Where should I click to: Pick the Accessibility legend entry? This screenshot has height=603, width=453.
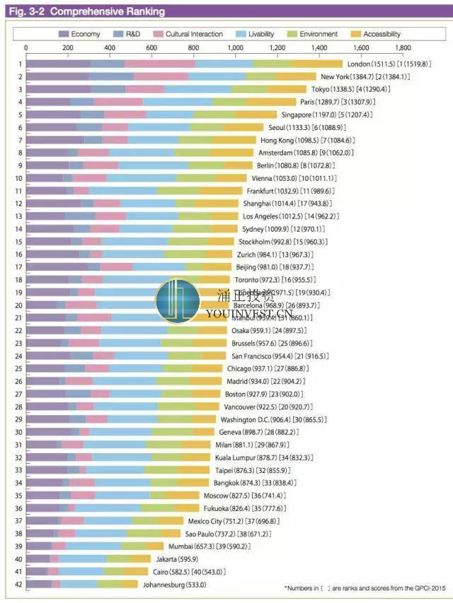pyautogui.click(x=382, y=34)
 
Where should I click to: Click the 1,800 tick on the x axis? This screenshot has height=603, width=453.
pyautogui.click(x=403, y=48)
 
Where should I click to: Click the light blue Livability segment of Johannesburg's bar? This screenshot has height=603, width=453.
pyautogui.click(x=79, y=584)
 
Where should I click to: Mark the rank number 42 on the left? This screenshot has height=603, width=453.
pyautogui.click(x=19, y=584)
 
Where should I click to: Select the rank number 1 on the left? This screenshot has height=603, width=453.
pyautogui.click(x=19, y=64)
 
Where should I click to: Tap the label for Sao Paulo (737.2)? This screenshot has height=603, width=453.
pyautogui.click(x=216, y=534)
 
